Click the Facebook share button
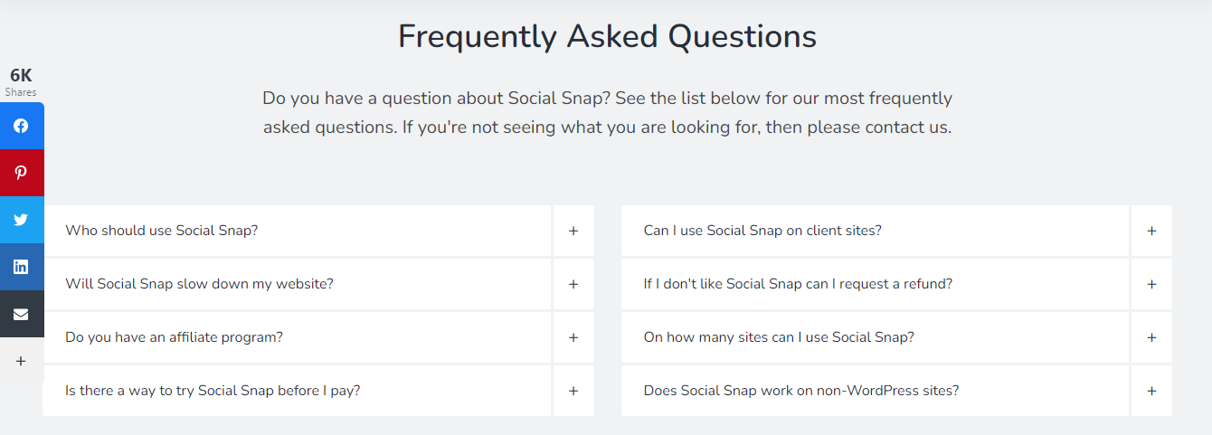tap(21, 126)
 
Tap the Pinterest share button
tap(21, 173)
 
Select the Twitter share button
tap(21, 220)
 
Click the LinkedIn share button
tap(21, 267)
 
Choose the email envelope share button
tap(21, 314)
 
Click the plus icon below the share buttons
tap(21, 361)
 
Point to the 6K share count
tap(21, 76)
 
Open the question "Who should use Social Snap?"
tap(162, 231)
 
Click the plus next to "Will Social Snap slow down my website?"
tap(573, 284)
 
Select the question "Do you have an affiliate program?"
tap(175, 337)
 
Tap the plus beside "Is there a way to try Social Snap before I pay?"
tap(573, 391)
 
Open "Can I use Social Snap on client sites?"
tap(762, 231)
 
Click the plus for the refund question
tap(1151, 284)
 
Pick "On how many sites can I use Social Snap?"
tap(779, 337)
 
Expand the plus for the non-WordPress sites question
tap(1151, 391)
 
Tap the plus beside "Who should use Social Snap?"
tap(573, 231)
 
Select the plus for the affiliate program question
tap(573, 337)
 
